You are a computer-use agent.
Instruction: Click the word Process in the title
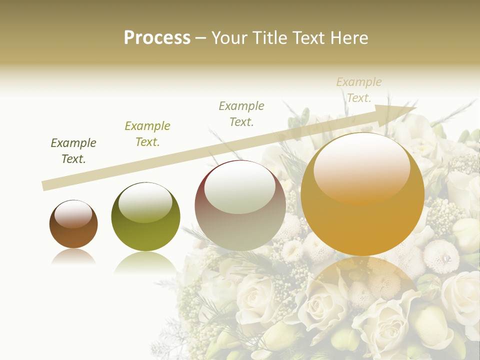point(157,38)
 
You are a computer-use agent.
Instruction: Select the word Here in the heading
point(350,38)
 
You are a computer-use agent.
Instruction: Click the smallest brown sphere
point(73,225)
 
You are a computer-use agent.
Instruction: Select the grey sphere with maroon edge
point(240,206)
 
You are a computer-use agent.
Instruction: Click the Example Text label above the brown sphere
point(73,151)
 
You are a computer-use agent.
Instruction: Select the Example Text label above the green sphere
point(147,134)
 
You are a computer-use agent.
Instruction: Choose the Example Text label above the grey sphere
point(241,114)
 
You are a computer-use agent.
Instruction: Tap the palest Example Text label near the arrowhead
point(358,90)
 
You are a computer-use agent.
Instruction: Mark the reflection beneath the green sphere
point(145,262)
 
